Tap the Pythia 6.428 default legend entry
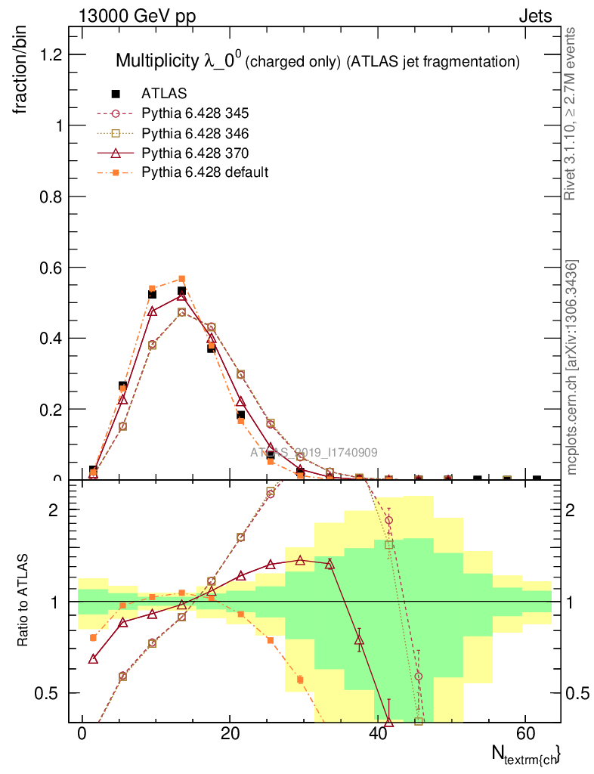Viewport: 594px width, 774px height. (x=204, y=172)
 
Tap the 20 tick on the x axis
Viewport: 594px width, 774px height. (x=230, y=734)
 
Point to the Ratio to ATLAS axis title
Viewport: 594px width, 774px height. (x=23, y=602)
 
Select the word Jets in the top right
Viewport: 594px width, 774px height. (x=535, y=17)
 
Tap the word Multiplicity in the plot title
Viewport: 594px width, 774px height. (x=157, y=61)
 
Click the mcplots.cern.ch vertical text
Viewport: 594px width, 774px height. (x=572, y=367)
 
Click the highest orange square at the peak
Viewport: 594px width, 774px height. (x=181, y=279)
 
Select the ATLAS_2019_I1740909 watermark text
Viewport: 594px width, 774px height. (x=314, y=453)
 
